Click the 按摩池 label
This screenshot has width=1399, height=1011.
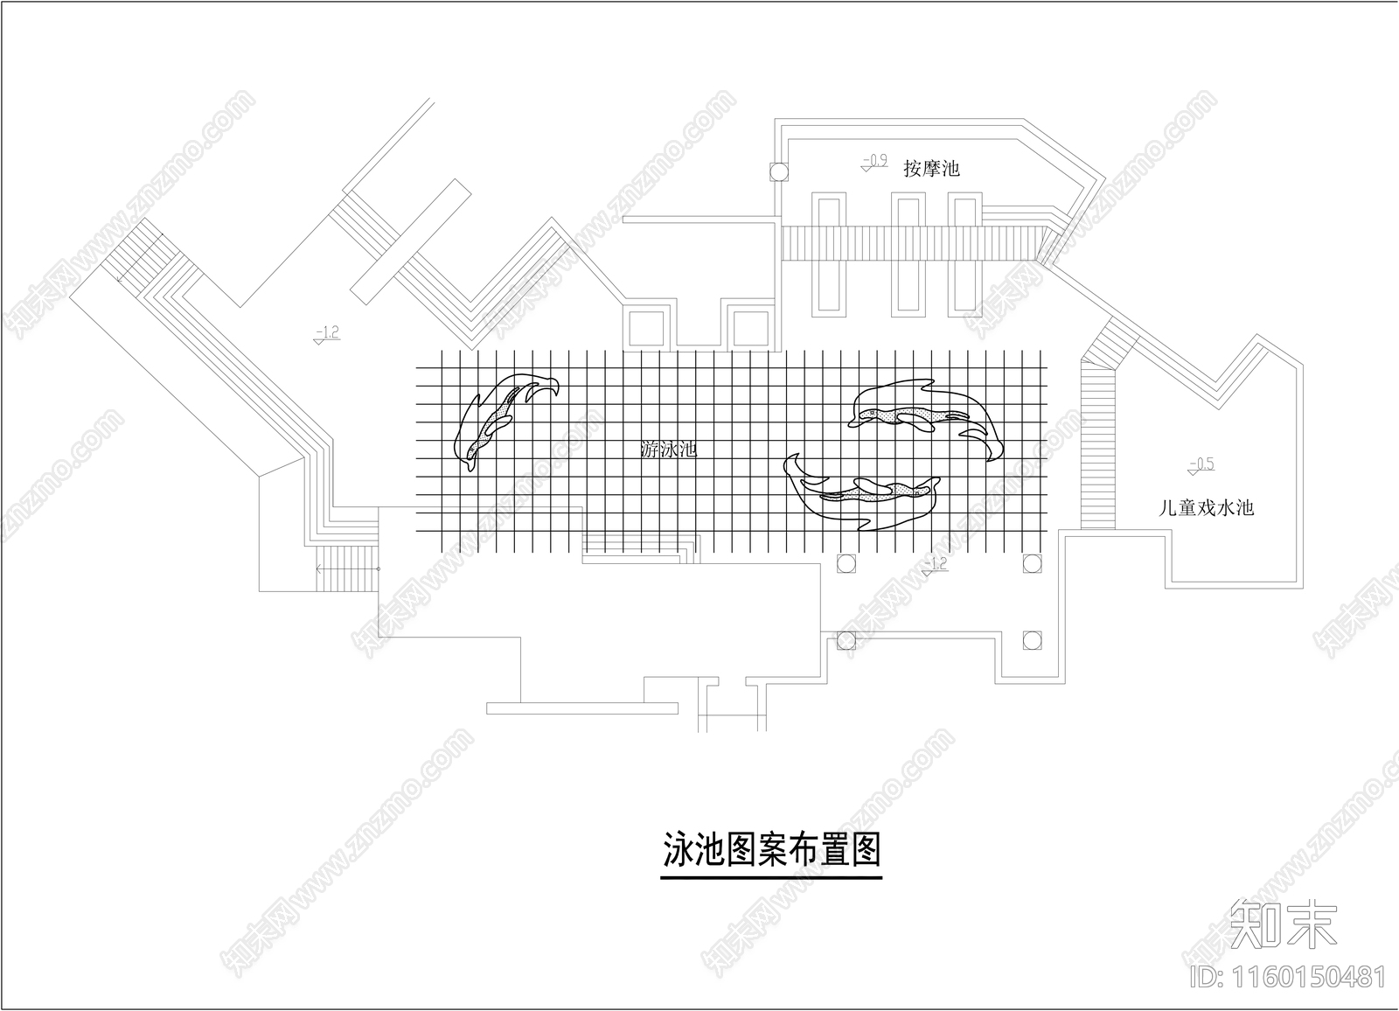(x=931, y=168)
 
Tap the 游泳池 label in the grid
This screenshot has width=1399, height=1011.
(x=669, y=451)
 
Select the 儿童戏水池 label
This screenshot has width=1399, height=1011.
(x=1206, y=507)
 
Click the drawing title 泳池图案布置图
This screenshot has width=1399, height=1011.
(x=770, y=848)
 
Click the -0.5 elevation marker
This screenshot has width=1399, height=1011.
(x=1201, y=465)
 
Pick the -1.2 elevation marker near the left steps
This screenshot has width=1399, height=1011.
(x=327, y=333)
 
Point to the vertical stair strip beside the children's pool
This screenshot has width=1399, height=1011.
(x=1098, y=446)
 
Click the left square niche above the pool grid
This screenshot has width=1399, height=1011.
(x=648, y=327)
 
